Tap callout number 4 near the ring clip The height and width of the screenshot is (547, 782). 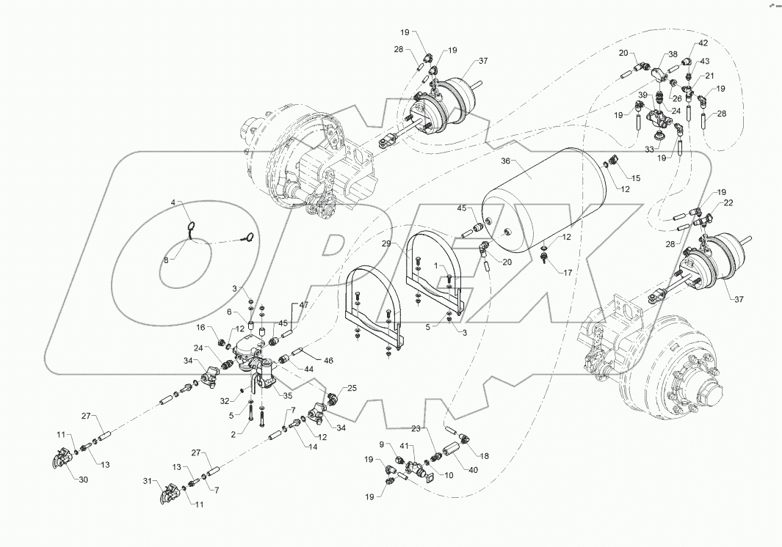[x=175, y=202]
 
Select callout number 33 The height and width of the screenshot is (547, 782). [x=649, y=149]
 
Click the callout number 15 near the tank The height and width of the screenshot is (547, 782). [x=636, y=178]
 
